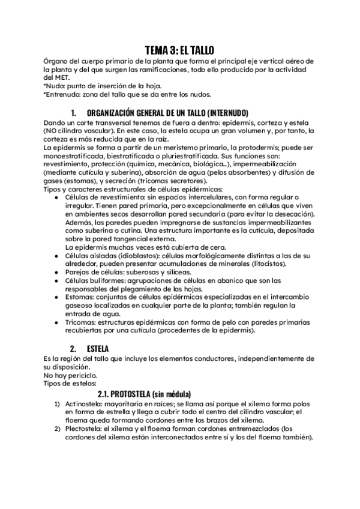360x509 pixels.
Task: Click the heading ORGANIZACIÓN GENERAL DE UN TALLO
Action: coord(167,113)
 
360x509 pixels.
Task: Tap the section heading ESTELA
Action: coord(97,348)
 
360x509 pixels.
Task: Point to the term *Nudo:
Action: coord(56,86)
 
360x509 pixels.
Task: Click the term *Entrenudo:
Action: coord(64,94)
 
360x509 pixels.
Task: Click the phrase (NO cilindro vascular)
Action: coord(78,131)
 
